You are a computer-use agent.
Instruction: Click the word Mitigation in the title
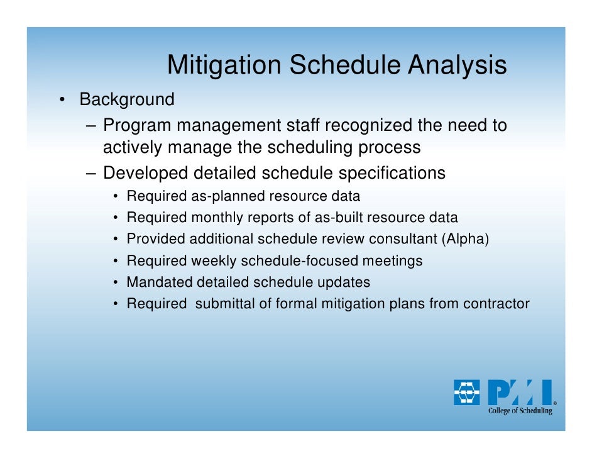(224, 65)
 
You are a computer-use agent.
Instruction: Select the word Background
(127, 100)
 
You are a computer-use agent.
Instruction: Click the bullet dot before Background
(62, 100)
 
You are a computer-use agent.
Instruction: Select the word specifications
(392, 174)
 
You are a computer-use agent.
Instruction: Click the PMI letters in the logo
(520, 392)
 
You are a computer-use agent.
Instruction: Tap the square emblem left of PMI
(467, 392)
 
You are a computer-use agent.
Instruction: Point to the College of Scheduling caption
(520, 411)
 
